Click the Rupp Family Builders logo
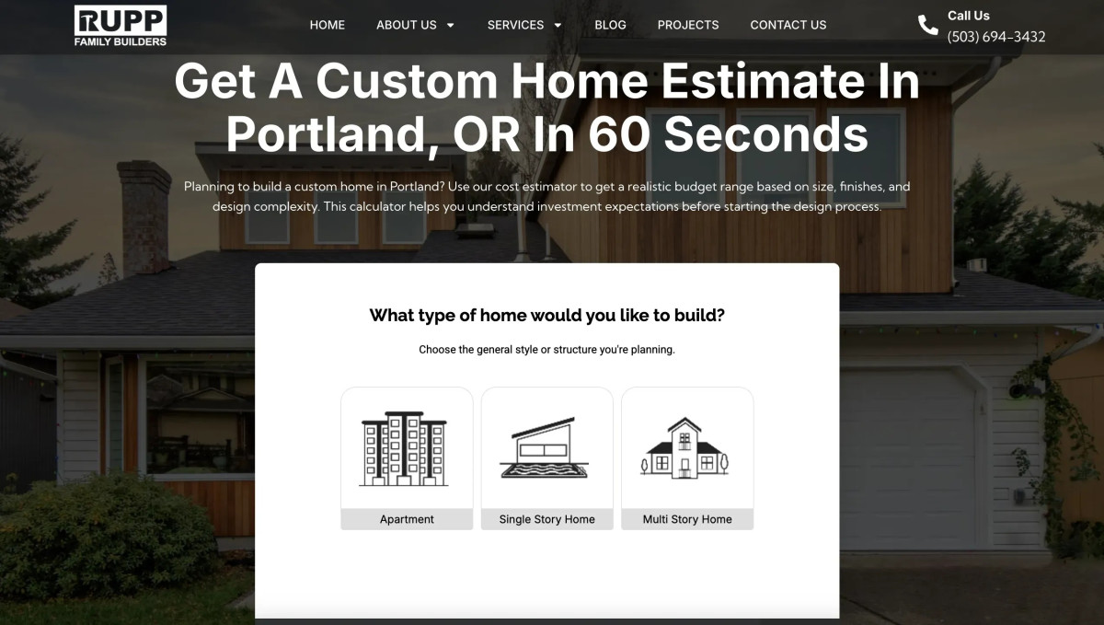tap(121, 26)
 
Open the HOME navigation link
tap(328, 25)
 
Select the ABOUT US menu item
tap(415, 25)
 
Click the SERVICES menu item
tap(524, 25)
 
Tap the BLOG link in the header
tap(610, 25)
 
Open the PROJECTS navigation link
tap(688, 25)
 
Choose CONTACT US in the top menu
tap(788, 25)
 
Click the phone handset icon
tap(927, 26)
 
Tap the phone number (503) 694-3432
tap(996, 37)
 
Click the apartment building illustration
tap(404, 448)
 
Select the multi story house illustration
tap(685, 448)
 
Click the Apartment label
tap(407, 519)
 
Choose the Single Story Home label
tap(546, 519)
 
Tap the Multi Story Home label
tap(687, 519)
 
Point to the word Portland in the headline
tap(328, 134)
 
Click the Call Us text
tap(969, 16)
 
